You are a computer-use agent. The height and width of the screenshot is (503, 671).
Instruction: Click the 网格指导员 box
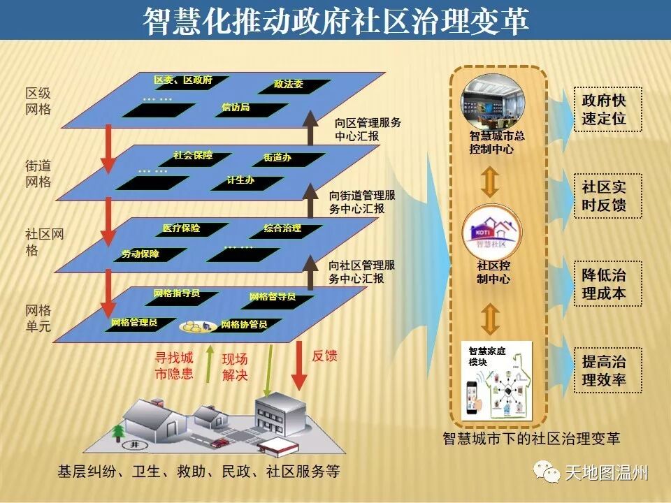point(178,294)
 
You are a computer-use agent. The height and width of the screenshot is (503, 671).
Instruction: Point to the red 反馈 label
point(324,356)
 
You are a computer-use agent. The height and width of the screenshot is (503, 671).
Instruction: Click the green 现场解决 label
point(235,367)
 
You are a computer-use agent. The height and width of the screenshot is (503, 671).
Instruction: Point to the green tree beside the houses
point(117,428)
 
